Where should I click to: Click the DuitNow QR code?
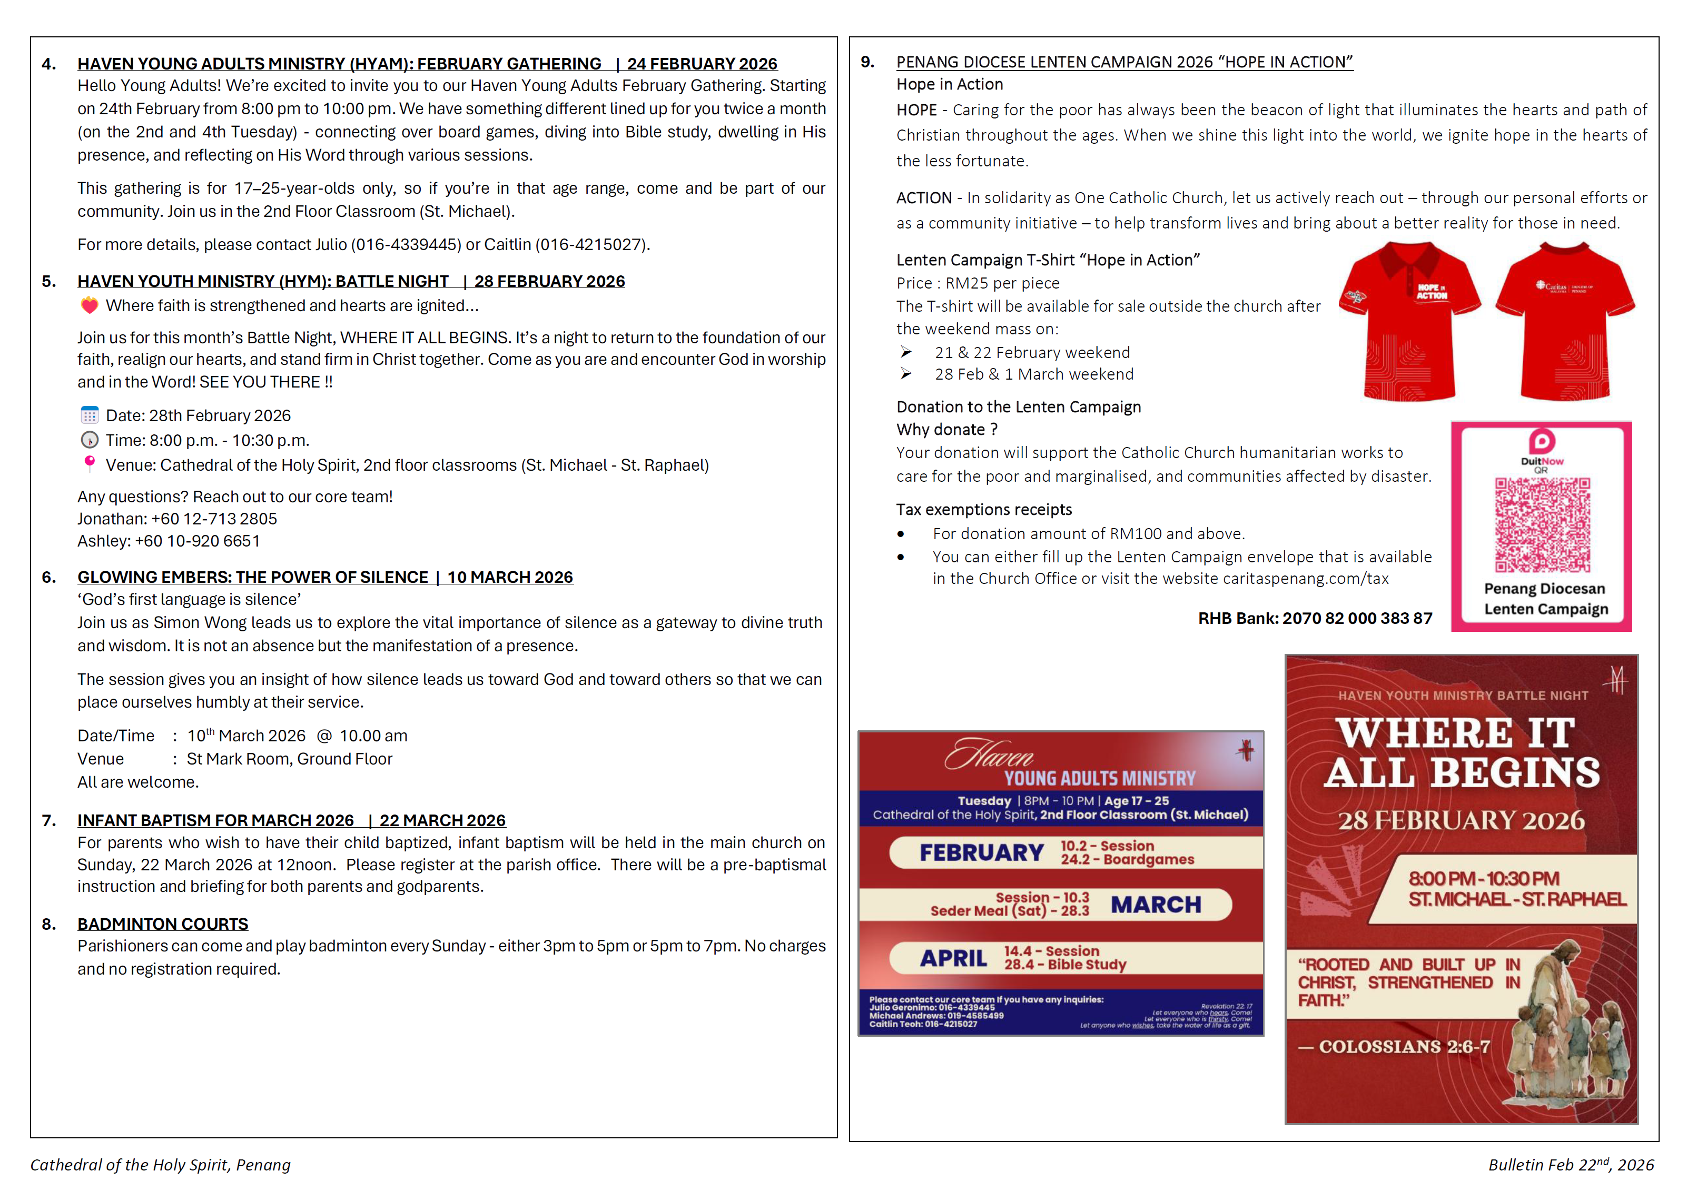[x=1542, y=524]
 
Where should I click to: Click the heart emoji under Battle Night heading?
[x=89, y=306]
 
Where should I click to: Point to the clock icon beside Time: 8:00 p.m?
[x=89, y=440]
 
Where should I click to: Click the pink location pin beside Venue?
[x=89, y=464]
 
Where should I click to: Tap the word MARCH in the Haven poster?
[x=1155, y=905]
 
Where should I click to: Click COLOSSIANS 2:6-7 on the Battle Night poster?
[x=1404, y=1046]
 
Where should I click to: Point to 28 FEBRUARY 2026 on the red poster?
[x=1461, y=820]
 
